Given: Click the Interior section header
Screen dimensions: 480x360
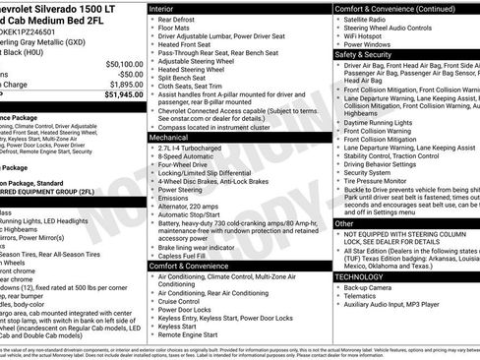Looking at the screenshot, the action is point(164,8).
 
